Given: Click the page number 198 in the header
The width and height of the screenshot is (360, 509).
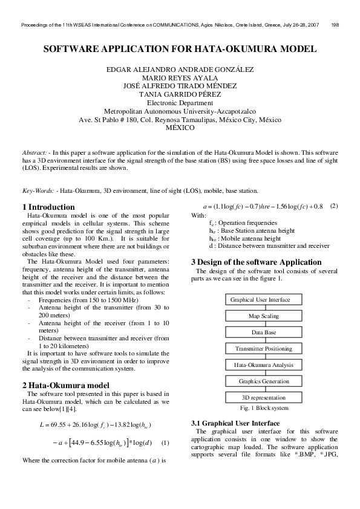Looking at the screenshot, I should coord(335,25).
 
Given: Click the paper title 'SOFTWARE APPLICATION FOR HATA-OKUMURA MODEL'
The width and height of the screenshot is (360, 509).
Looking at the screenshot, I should coord(180,48).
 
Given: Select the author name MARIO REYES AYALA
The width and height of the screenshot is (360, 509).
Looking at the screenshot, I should coord(180,77).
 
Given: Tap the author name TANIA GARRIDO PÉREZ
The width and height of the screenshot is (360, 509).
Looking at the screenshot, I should coord(180,94).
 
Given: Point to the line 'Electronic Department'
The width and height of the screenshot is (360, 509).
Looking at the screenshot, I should coord(180,103).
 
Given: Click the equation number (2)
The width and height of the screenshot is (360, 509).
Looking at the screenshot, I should coord(334,206).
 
